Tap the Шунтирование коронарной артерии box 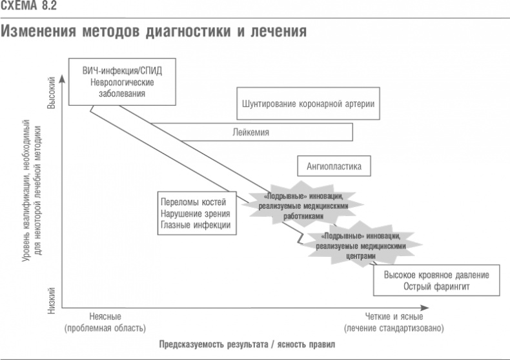click(x=308, y=103)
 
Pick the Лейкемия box click(x=250, y=132)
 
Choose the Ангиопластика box click(x=334, y=166)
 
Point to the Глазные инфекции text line click(x=194, y=225)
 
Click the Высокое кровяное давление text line click(x=436, y=275)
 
